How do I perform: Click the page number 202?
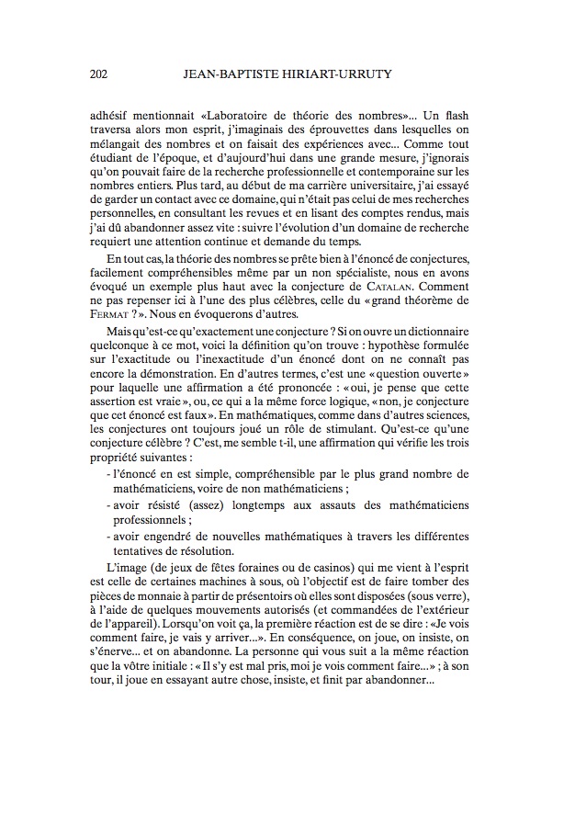[102, 75]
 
